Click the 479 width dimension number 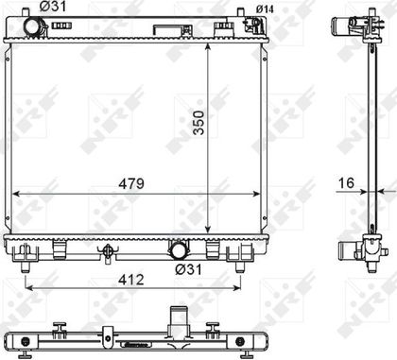click(x=131, y=183)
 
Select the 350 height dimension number click(x=198, y=123)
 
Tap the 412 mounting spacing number click(x=131, y=280)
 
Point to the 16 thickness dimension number click(x=346, y=183)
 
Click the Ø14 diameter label click(x=265, y=9)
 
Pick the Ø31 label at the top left click(x=53, y=7)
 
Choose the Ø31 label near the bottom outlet click(x=188, y=269)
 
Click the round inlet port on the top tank click(x=32, y=26)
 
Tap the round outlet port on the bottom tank click(x=178, y=251)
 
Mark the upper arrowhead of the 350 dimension click(x=207, y=47)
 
